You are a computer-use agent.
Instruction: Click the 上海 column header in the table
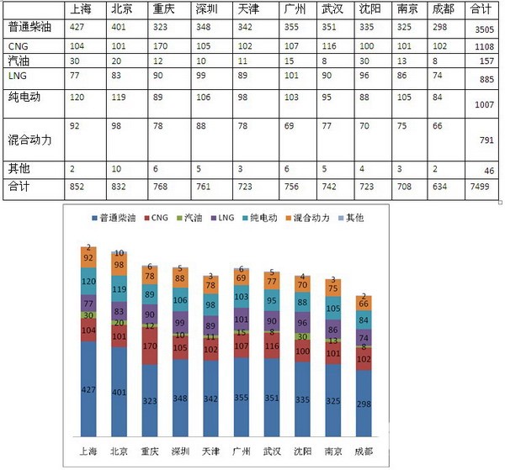(x=82, y=9)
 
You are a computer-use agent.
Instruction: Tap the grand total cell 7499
(x=482, y=187)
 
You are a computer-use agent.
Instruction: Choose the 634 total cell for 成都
(x=440, y=186)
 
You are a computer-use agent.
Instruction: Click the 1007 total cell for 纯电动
(x=482, y=105)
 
